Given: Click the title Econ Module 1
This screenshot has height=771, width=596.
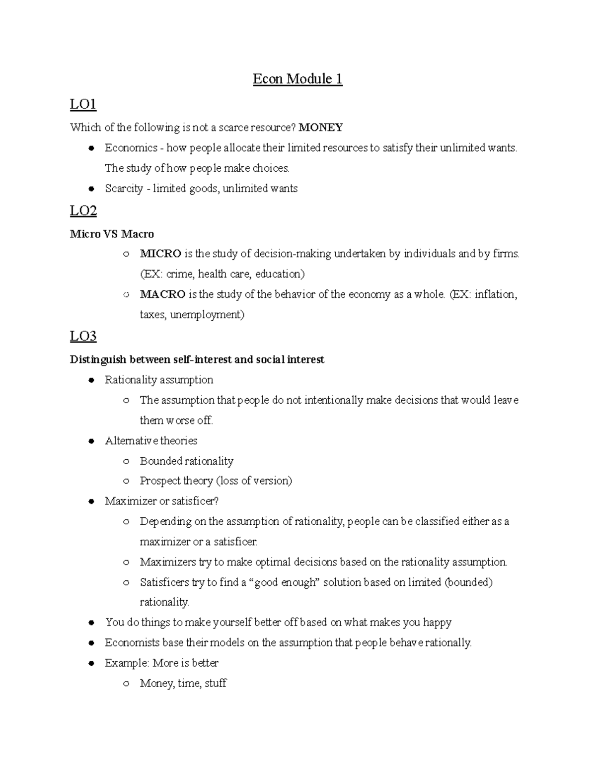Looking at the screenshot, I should click(x=298, y=79).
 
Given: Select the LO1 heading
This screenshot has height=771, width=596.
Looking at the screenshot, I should click(x=83, y=104).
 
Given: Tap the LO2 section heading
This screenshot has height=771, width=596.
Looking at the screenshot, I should click(x=83, y=211).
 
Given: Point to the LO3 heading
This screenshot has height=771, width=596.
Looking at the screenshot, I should click(x=83, y=336).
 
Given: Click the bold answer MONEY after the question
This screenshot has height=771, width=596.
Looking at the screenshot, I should click(x=320, y=128).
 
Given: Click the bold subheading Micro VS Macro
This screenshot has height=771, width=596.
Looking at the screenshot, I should click(x=112, y=234).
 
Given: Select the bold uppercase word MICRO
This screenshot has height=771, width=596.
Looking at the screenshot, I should click(x=160, y=254).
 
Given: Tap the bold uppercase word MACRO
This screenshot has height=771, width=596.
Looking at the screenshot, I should click(x=162, y=294).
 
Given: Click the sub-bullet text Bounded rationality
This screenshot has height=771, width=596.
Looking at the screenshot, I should click(x=186, y=461).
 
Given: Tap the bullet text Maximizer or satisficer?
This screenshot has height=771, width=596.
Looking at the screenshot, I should click(x=161, y=501).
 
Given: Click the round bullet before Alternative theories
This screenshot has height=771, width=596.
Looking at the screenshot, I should click(x=91, y=441).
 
